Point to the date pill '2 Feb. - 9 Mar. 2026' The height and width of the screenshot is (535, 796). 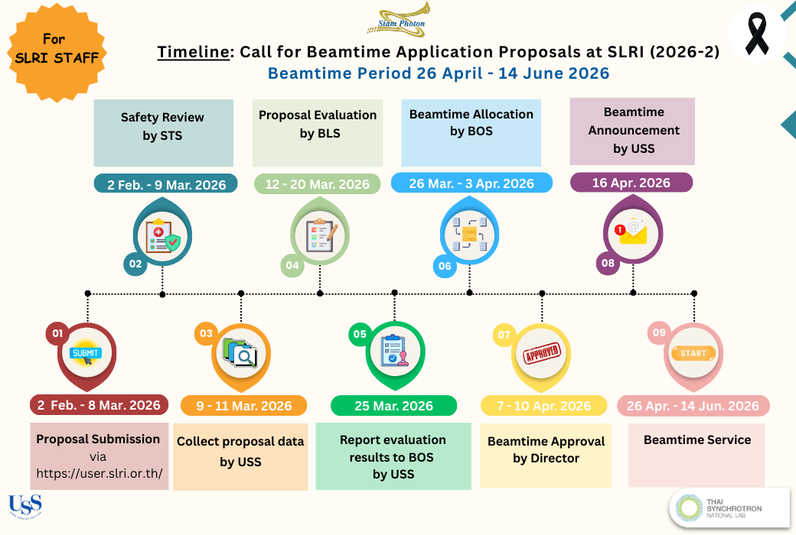click(165, 184)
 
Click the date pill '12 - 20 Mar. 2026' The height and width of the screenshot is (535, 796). click(317, 184)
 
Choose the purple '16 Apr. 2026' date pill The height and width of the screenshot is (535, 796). click(631, 183)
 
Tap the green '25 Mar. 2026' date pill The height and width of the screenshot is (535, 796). click(393, 406)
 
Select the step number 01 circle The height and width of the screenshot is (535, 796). click(56, 332)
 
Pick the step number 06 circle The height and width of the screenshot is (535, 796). click(444, 266)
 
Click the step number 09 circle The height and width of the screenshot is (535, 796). click(658, 332)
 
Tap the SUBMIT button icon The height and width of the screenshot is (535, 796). click(85, 353)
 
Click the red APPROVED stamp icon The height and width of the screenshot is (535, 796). click(541, 353)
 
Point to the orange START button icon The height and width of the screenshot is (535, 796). click(693, 353)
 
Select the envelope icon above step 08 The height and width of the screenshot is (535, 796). click(631, 231)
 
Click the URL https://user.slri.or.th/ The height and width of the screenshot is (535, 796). click(99, 472)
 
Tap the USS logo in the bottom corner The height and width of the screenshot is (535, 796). click(24, 505)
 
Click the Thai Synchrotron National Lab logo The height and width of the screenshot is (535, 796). click(729, 508)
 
